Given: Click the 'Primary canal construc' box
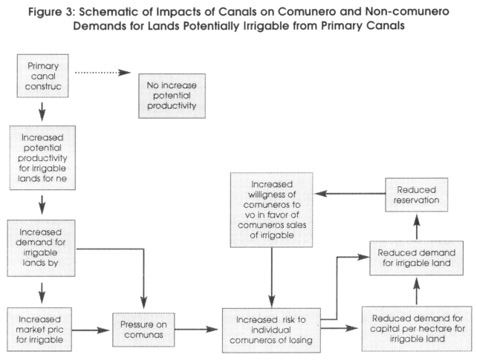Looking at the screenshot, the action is coord(42,76).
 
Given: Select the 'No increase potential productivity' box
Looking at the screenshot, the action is coord(172,96).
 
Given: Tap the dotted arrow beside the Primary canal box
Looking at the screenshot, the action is coord(103,73).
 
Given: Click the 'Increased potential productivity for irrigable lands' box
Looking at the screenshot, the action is coord(42,157).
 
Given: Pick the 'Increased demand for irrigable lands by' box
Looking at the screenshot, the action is coord(41,248).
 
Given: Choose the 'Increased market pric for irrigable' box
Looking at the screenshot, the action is coord(39,330).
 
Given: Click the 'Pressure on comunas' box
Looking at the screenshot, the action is coord(143,330).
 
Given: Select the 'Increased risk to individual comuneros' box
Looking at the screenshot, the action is coord(271,330).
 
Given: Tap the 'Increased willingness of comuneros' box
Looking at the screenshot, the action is coord(271,210).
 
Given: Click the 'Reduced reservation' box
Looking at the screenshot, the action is coord(417,194).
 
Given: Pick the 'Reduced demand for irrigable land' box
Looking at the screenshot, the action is coord(417,258).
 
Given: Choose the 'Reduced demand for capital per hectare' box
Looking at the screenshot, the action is coord(417,329).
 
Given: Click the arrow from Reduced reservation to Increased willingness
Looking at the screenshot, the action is coord(350,194).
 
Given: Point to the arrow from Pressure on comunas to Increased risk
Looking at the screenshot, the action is coord(196,329).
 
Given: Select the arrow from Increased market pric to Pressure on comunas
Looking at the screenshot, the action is coord(91,330).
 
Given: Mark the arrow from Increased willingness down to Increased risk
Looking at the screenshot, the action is coord(272,277).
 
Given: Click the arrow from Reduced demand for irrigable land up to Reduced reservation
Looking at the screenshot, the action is coord(417,226).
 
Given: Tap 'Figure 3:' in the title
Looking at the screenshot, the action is coord(52,12).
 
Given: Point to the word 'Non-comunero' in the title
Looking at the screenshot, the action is coord(407,11).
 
